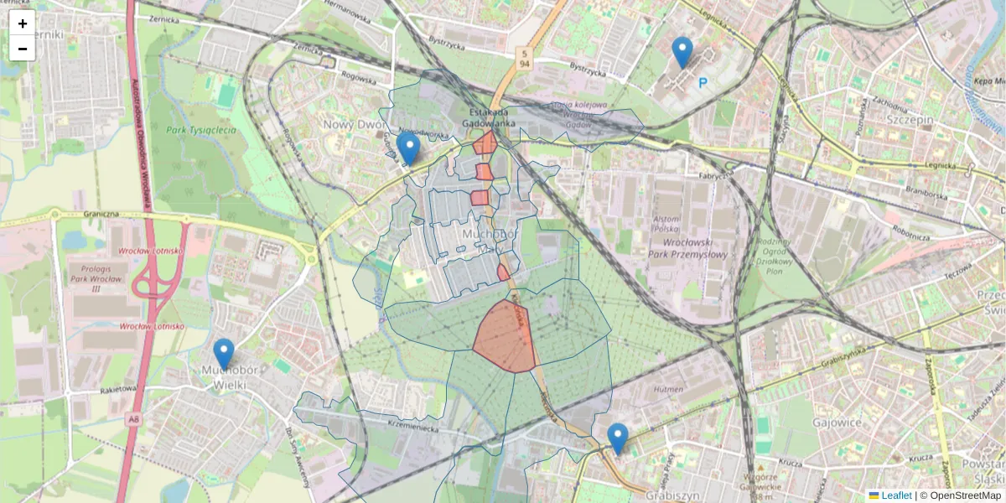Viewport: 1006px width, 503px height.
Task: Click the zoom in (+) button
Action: tap(23, 23)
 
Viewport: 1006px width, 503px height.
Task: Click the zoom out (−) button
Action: tap(23, 49)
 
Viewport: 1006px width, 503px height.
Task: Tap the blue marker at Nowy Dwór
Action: tap(408, 148)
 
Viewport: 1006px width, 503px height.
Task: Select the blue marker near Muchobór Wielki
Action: tap(223, 353)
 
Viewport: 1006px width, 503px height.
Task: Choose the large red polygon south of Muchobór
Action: tap(503, 339)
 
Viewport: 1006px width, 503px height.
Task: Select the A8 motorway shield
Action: tap(134, 417)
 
